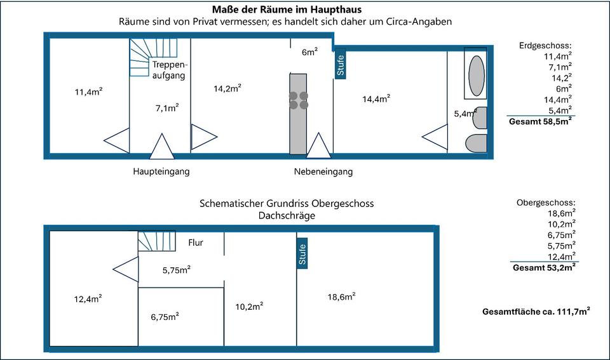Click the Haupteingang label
(x=161, y=171)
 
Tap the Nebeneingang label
(x=323, y=171)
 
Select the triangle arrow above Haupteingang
(x=161, y=147)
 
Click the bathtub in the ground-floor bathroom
(x=477, y=76)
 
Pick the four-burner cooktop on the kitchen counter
(x=299, y=100)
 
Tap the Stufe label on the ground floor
(x=341, y=66)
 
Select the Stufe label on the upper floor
(x=302, y=255)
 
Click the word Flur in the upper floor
(x=196, y=242)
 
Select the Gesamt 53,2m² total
(x=544, y=267)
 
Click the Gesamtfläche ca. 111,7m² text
(x=536, y=311)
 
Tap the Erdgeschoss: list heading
(x=545, y=46)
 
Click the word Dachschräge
(x=286, y=216)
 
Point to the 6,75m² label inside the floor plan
(x=164, y=316)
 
